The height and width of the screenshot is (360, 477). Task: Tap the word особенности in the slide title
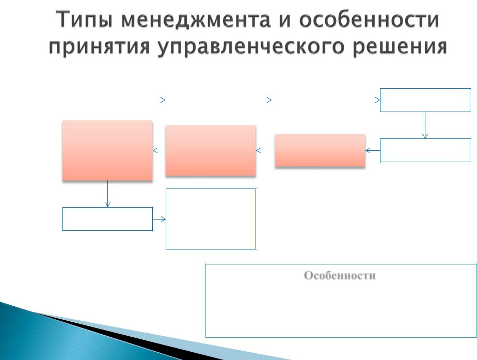(x=369, y=20)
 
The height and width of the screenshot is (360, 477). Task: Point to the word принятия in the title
(x=100, y=47)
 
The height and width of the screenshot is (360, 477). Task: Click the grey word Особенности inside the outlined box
(x=340, y=275)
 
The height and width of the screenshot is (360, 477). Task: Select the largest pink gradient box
(x=107, y=151)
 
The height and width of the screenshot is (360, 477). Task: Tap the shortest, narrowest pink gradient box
(x=320, y=150)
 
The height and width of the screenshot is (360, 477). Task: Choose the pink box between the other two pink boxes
(x=211, y=151)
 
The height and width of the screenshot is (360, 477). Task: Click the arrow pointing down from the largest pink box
(x=107, y=194)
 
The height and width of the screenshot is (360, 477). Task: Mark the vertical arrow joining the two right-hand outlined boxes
(x=425, y=125)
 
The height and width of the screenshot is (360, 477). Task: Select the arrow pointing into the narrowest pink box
(x=373, y=150)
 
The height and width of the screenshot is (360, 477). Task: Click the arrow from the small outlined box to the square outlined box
(x=159, y=219)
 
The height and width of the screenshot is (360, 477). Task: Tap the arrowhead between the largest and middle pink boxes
(x=155, y=150)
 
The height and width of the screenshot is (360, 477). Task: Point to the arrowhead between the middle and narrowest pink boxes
(x=258, y=150)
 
